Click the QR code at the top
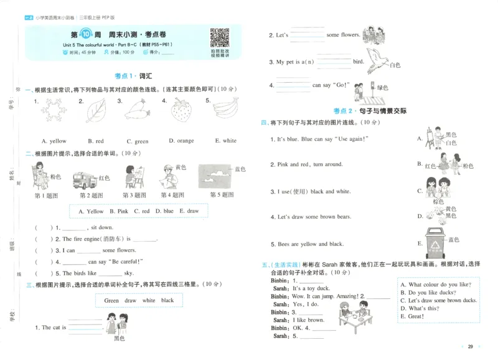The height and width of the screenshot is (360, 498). [x=218, y=38]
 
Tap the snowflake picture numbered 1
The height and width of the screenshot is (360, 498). [x=55, y=111]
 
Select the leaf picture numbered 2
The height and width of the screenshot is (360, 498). [x=96, y=111]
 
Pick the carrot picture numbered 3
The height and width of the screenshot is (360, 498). [x=138, y=111]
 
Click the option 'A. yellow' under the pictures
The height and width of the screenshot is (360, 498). [x=54, y=141]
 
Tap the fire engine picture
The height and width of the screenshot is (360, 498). [x=85, y=180]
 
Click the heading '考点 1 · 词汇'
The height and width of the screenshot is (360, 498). [x=133, y=76]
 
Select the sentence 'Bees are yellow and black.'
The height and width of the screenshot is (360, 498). [x=311, y=244]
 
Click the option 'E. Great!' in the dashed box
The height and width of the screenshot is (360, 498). [x=415, y=316]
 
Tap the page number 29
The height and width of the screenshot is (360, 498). [x=471, y=347]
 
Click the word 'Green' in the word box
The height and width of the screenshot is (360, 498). [x=111, y=301]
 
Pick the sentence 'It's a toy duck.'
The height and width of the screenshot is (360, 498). [x=311, y=288]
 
